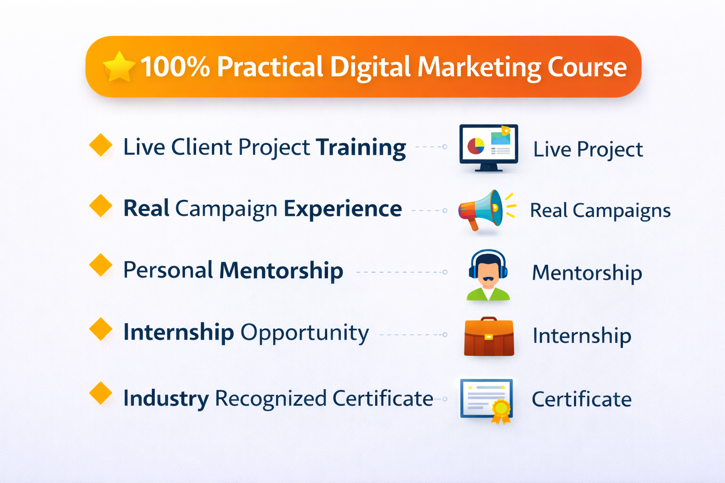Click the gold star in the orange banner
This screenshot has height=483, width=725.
pos(119,67)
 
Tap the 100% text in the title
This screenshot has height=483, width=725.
pos(175,67)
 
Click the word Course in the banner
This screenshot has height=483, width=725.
pos(587,67)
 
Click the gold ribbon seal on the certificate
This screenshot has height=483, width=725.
pos(501,408)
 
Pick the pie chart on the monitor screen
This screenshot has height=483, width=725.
pos(476,146)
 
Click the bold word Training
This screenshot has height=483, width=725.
pos(361,148)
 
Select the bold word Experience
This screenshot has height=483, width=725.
pos(343,209)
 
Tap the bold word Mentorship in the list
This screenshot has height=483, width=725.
pos(281,271)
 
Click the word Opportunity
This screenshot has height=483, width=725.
pos(305,333)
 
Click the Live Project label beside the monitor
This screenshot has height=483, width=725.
pos(588,150)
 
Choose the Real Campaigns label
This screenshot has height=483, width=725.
pos(600,210)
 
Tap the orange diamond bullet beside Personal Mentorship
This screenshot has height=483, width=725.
pos(101,265)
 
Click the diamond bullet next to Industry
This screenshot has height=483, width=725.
pos(101,393)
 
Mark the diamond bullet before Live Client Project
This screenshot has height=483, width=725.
pos(101,145)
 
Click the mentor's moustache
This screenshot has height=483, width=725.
pos(488,279)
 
